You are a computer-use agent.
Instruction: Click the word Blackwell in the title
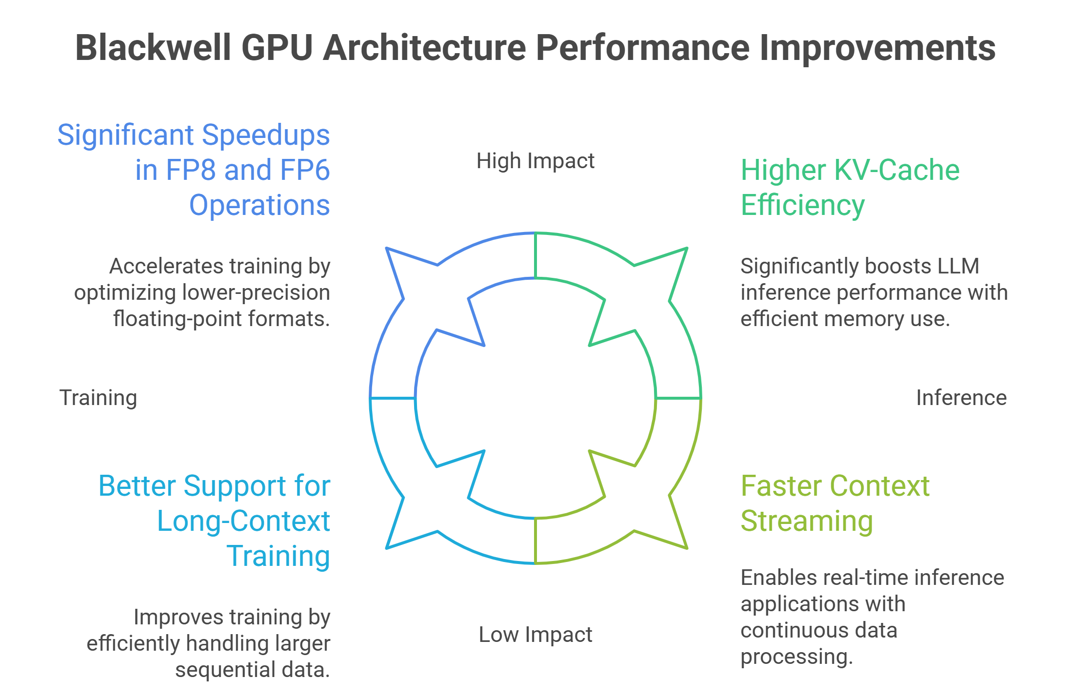153,48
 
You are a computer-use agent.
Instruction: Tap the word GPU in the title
277,48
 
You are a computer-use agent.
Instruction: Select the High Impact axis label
535,161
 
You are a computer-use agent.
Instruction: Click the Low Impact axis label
535,635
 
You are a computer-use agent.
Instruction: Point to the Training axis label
98,398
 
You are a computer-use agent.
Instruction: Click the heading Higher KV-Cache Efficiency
850,187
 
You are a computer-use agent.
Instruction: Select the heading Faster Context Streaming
834,503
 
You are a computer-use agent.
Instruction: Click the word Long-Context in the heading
243,521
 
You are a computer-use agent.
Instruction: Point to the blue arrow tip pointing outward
388,250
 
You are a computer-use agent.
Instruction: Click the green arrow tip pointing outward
686,250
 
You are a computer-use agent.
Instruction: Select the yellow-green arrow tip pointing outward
686,547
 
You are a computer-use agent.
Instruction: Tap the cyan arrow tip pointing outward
388,547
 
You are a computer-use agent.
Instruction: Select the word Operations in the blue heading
259,205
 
